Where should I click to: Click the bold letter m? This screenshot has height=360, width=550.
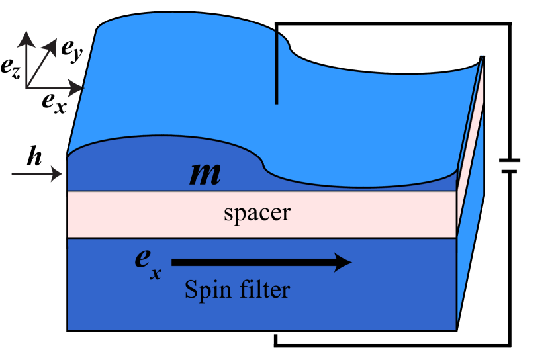205,174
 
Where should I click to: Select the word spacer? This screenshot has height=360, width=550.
257,214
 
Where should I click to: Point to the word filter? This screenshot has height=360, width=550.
263,289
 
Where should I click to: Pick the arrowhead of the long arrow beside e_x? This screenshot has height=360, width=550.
344,262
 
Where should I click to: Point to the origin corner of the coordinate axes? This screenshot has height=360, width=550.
26,87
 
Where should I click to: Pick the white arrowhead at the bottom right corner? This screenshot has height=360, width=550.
461,334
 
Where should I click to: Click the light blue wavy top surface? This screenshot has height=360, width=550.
199,79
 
